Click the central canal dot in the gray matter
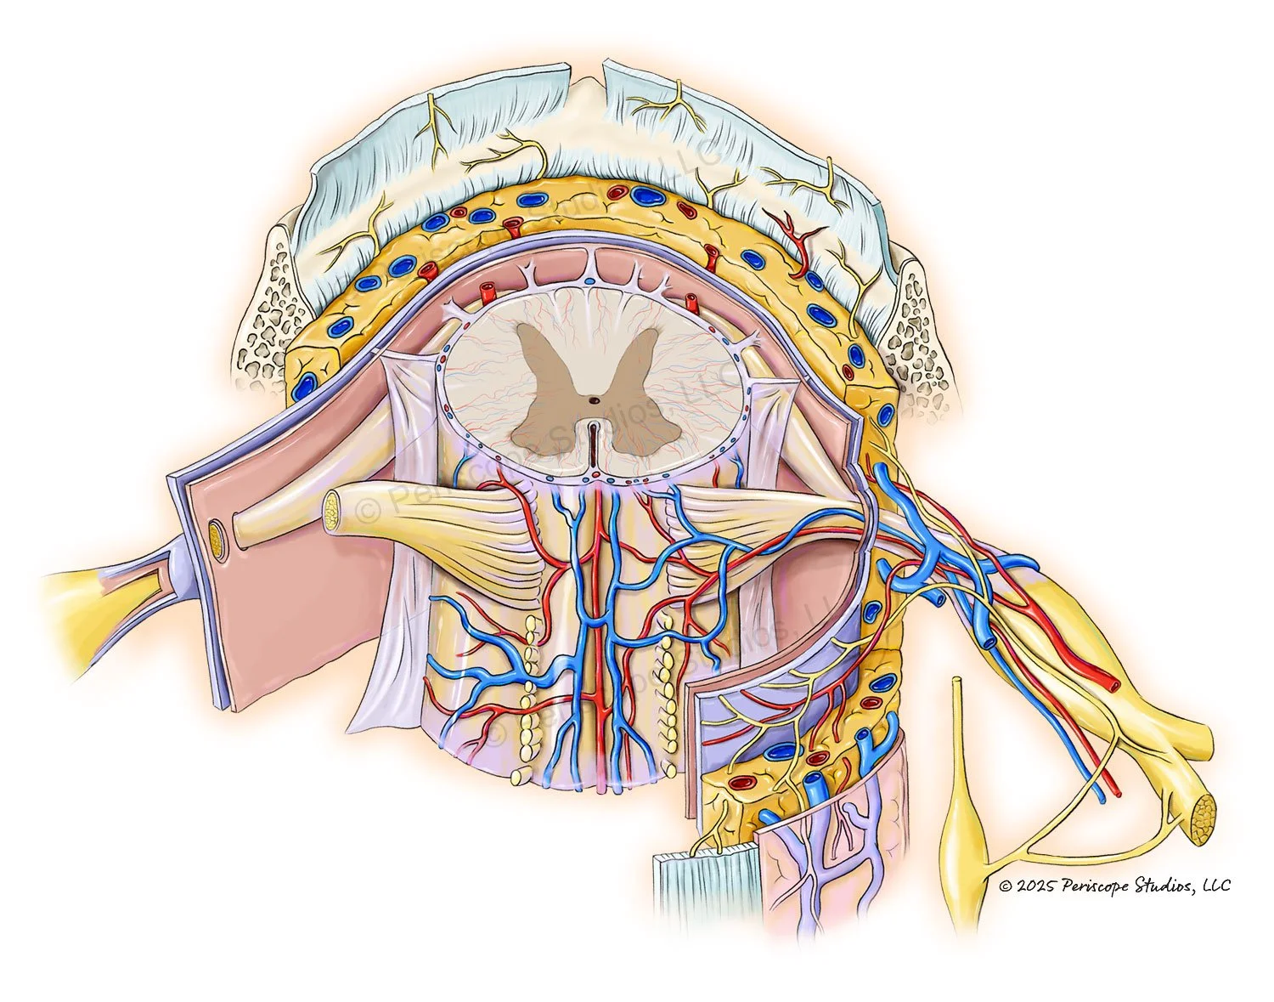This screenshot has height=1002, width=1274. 594,399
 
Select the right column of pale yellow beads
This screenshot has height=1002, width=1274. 671,680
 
